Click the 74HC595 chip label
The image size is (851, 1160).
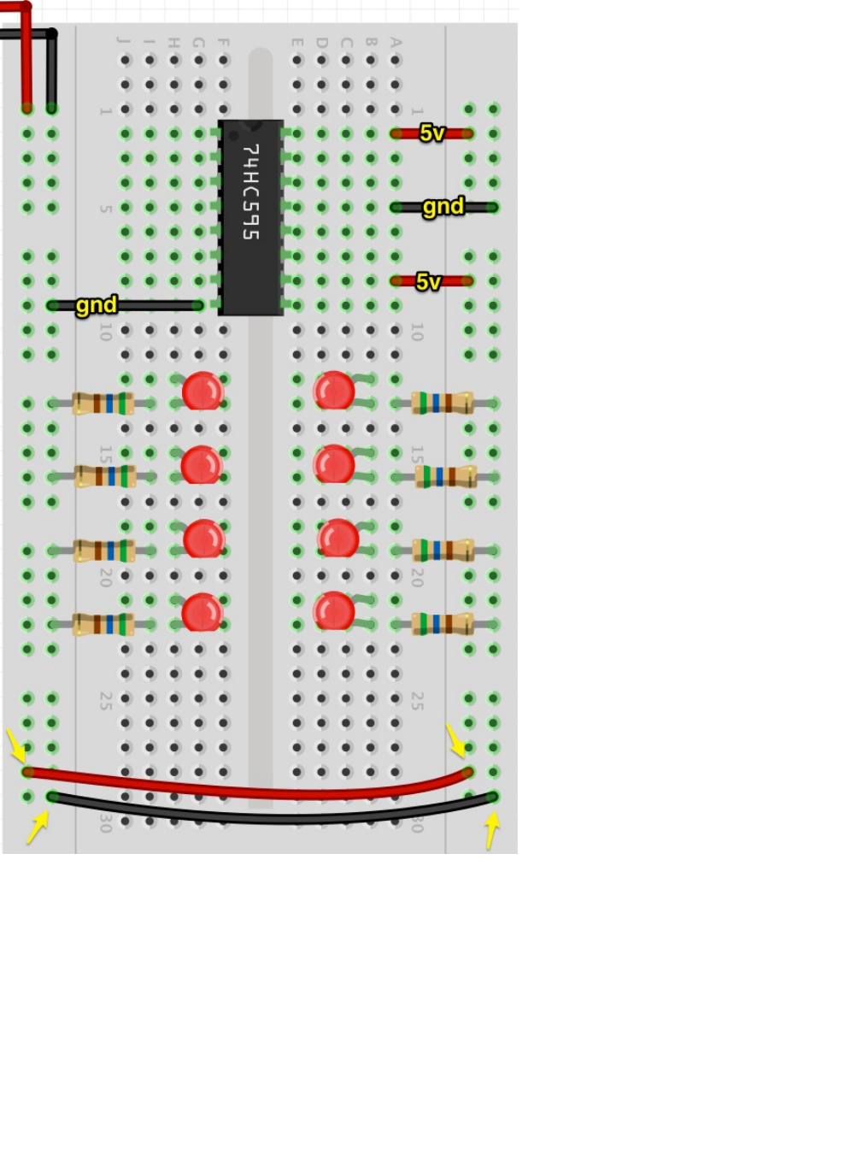coord(250,192)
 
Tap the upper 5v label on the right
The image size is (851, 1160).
coord(432,133)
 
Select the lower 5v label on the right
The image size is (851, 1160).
coord(429,281)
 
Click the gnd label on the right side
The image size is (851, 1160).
coord(443,207)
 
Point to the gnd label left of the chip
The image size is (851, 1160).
coord(96,305)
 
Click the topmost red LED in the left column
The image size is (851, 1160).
coord(202,392)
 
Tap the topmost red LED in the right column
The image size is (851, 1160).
coord(334,392)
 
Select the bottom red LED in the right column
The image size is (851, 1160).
coord(334,612)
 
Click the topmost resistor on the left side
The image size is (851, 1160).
coord(103,403)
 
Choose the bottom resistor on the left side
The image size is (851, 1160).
coord(103,625)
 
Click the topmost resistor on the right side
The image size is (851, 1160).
coord(442,403)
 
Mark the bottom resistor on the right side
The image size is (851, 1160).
coord(442,624)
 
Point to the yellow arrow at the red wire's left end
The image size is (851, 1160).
coord(15,745)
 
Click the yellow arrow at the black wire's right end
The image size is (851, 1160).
coord(491,829)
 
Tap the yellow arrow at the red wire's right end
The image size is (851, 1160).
coord(456,740)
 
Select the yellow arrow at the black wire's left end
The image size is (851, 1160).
coord(37,827)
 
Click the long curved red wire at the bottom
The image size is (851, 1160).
coord(248,791)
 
